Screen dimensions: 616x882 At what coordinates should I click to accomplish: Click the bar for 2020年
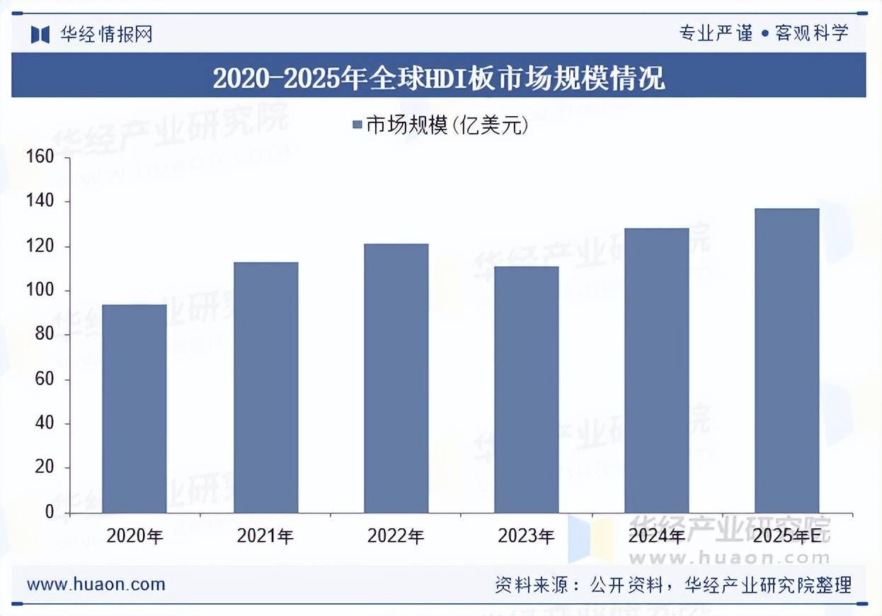[x=134, y=409]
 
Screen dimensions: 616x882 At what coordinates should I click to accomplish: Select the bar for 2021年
[x=265, y=387]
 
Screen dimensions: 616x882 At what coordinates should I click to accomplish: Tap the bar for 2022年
[x=396, y=378]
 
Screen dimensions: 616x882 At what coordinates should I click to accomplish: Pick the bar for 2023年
[x=526, y=389]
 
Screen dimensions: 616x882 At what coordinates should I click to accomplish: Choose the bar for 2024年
[x=656, y=370]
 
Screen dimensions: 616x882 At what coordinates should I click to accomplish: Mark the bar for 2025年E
[x=786, y=360]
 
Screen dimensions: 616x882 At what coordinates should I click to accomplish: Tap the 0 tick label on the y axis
[x=49, y=512]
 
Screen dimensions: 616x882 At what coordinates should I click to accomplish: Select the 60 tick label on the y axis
[x=44, y=380]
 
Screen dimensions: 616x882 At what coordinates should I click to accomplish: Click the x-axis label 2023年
[x=526, y=537]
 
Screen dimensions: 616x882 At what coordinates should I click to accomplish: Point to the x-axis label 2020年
[x=134, y=537]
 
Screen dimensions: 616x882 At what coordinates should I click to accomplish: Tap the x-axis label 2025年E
[x=786, y=537]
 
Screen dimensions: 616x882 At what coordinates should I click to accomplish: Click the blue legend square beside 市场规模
[x=357, y=126]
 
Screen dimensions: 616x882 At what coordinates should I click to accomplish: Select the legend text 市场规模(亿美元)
[x=447, y=126]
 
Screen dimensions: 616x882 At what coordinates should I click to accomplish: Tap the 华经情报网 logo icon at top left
[x=40, y=33]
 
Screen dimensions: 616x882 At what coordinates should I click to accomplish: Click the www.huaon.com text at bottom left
[x=96, y=585]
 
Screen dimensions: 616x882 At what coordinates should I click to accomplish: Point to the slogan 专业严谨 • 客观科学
[x=763, y=33]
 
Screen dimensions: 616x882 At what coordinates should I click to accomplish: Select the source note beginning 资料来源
[x=672, y=585]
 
